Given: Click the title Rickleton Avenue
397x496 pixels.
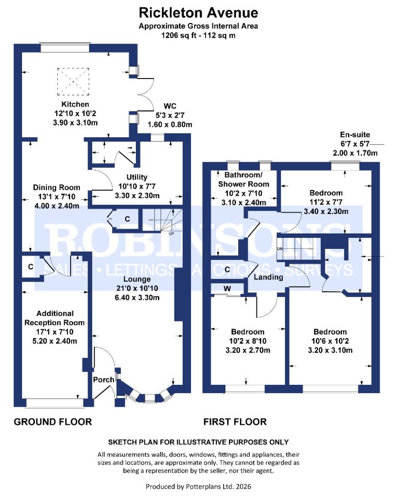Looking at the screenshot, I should [198, 12].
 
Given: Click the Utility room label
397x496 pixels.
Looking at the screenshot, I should [137, 177].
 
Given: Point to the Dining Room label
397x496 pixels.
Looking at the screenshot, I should [56, 187].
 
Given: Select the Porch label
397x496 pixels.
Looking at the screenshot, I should [103, 380].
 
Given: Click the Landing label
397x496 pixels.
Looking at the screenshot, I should [268, 277].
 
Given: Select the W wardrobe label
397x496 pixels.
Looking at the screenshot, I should [227, 288].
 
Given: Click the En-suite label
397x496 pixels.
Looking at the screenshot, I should [354, 135].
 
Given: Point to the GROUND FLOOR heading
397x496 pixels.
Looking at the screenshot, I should [52, 422].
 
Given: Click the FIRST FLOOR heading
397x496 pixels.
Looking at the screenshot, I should [235, 422].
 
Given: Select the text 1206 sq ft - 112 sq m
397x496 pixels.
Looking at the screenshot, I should [198, 35].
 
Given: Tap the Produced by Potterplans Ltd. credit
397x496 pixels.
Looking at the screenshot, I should [198, 486].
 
